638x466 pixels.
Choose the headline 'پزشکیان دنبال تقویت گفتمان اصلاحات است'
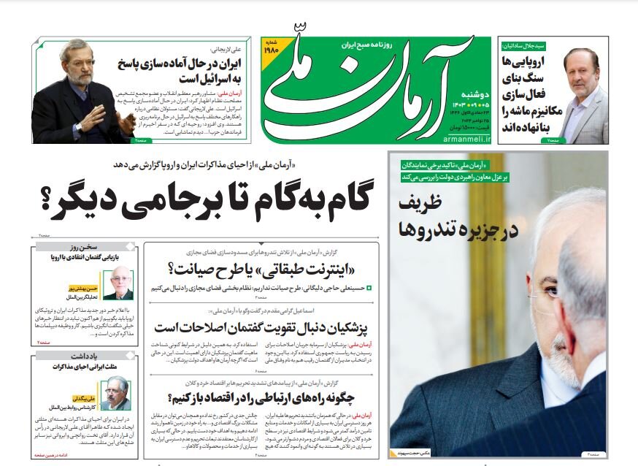pos(262,324)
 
